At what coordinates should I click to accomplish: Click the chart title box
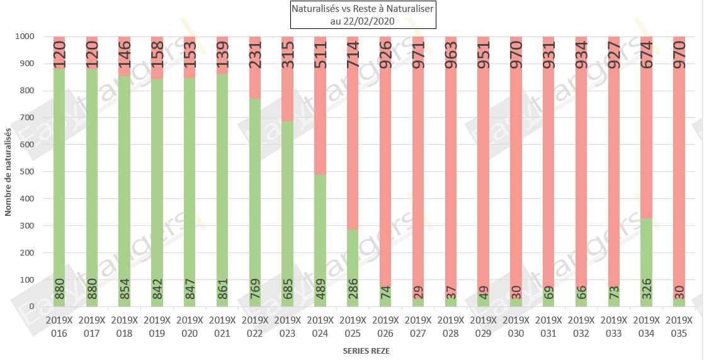point(362,15)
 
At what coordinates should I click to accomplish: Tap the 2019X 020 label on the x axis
point(190,325)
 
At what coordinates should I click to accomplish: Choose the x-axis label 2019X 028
point(451,325)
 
